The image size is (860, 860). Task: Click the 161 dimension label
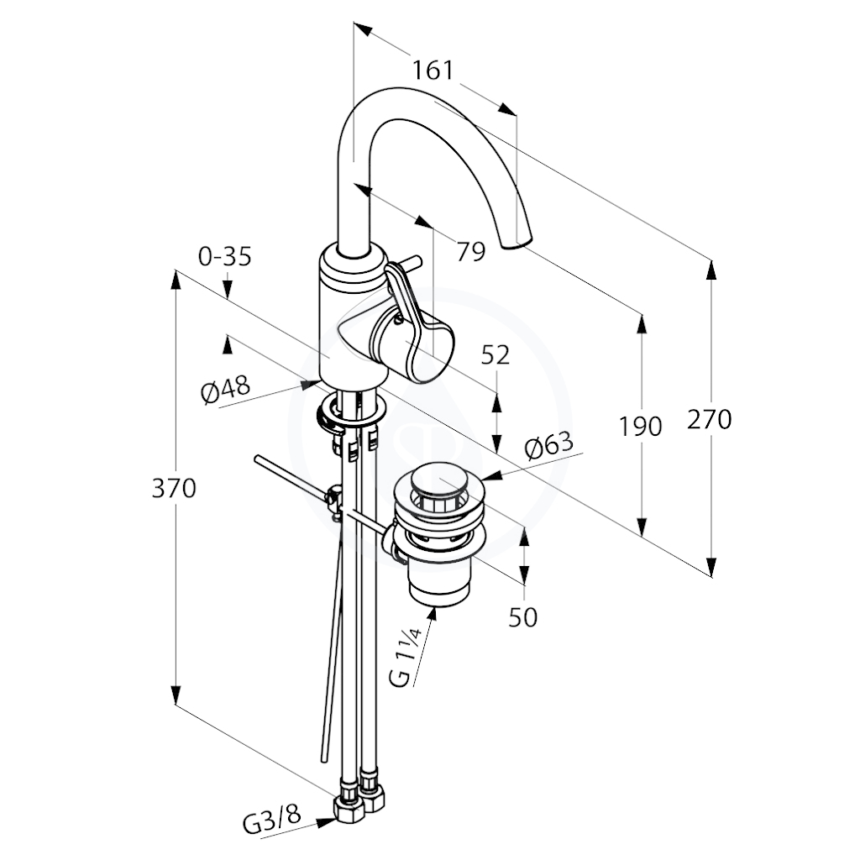(x=433, y=71)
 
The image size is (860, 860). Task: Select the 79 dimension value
(x=471, y=252)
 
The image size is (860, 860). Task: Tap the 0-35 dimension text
(x=225, y=256)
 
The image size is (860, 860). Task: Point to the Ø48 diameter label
(x=225, y=388)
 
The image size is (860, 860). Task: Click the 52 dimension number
(x=496, y=355)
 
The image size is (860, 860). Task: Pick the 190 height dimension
(x=640, y=426)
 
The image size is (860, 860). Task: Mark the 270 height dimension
(x=710, y=420)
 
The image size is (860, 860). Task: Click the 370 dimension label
(x=174, y=488)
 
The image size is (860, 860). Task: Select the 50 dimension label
(x=522, y=617)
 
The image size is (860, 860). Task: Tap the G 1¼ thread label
(x=407, y=658)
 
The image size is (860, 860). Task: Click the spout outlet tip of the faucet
(x=517, y=244)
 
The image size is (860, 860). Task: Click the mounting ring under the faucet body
(x=352, y=412)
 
